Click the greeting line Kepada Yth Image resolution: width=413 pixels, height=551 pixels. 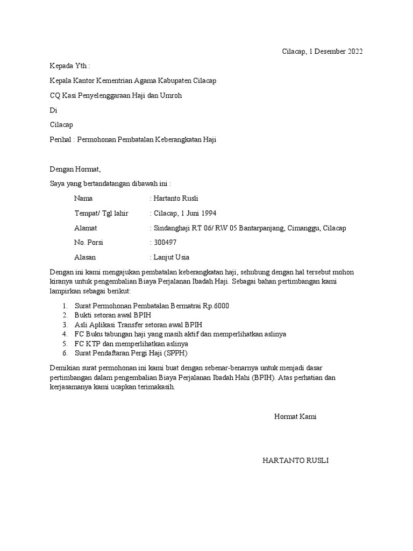click(x=70, y=66)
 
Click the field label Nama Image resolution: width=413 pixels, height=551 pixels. click(x=83, y=199)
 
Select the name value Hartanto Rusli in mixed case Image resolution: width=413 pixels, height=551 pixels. click(x=176, y=199)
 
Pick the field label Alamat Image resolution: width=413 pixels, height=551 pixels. click(x=86, y=228)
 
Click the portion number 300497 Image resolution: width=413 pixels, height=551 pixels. click(x=164, y=243)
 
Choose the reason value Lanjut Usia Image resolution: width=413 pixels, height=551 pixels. click(x=172, y=257)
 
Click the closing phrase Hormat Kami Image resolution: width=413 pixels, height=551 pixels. click(x=295, y=417)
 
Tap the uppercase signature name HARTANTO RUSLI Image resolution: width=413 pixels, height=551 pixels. click(x=295, y=461)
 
